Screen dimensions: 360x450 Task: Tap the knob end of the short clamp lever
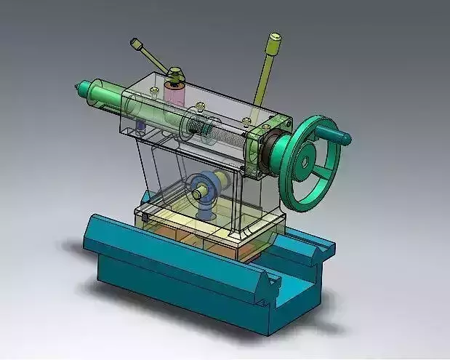point(136,44)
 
